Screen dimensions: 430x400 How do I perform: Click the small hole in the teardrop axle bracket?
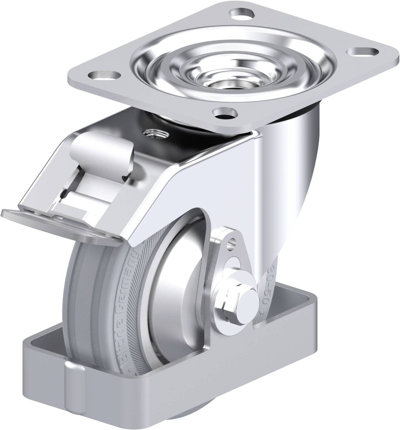(x=232, y=241)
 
